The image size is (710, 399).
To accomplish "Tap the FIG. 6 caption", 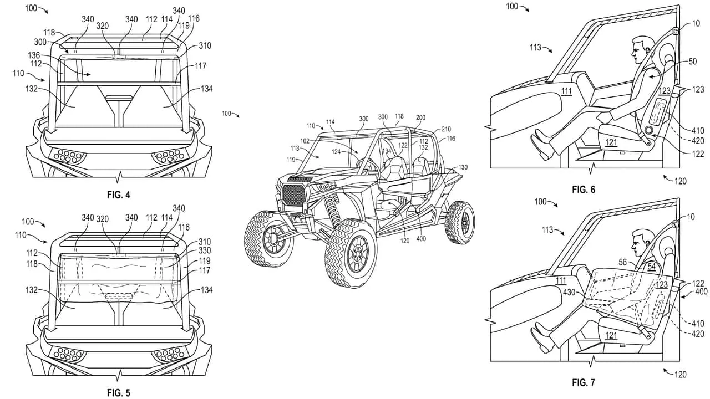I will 583,190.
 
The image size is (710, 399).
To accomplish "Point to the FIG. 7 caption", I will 583,382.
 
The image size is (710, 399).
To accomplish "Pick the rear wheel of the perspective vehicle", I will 460,223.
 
